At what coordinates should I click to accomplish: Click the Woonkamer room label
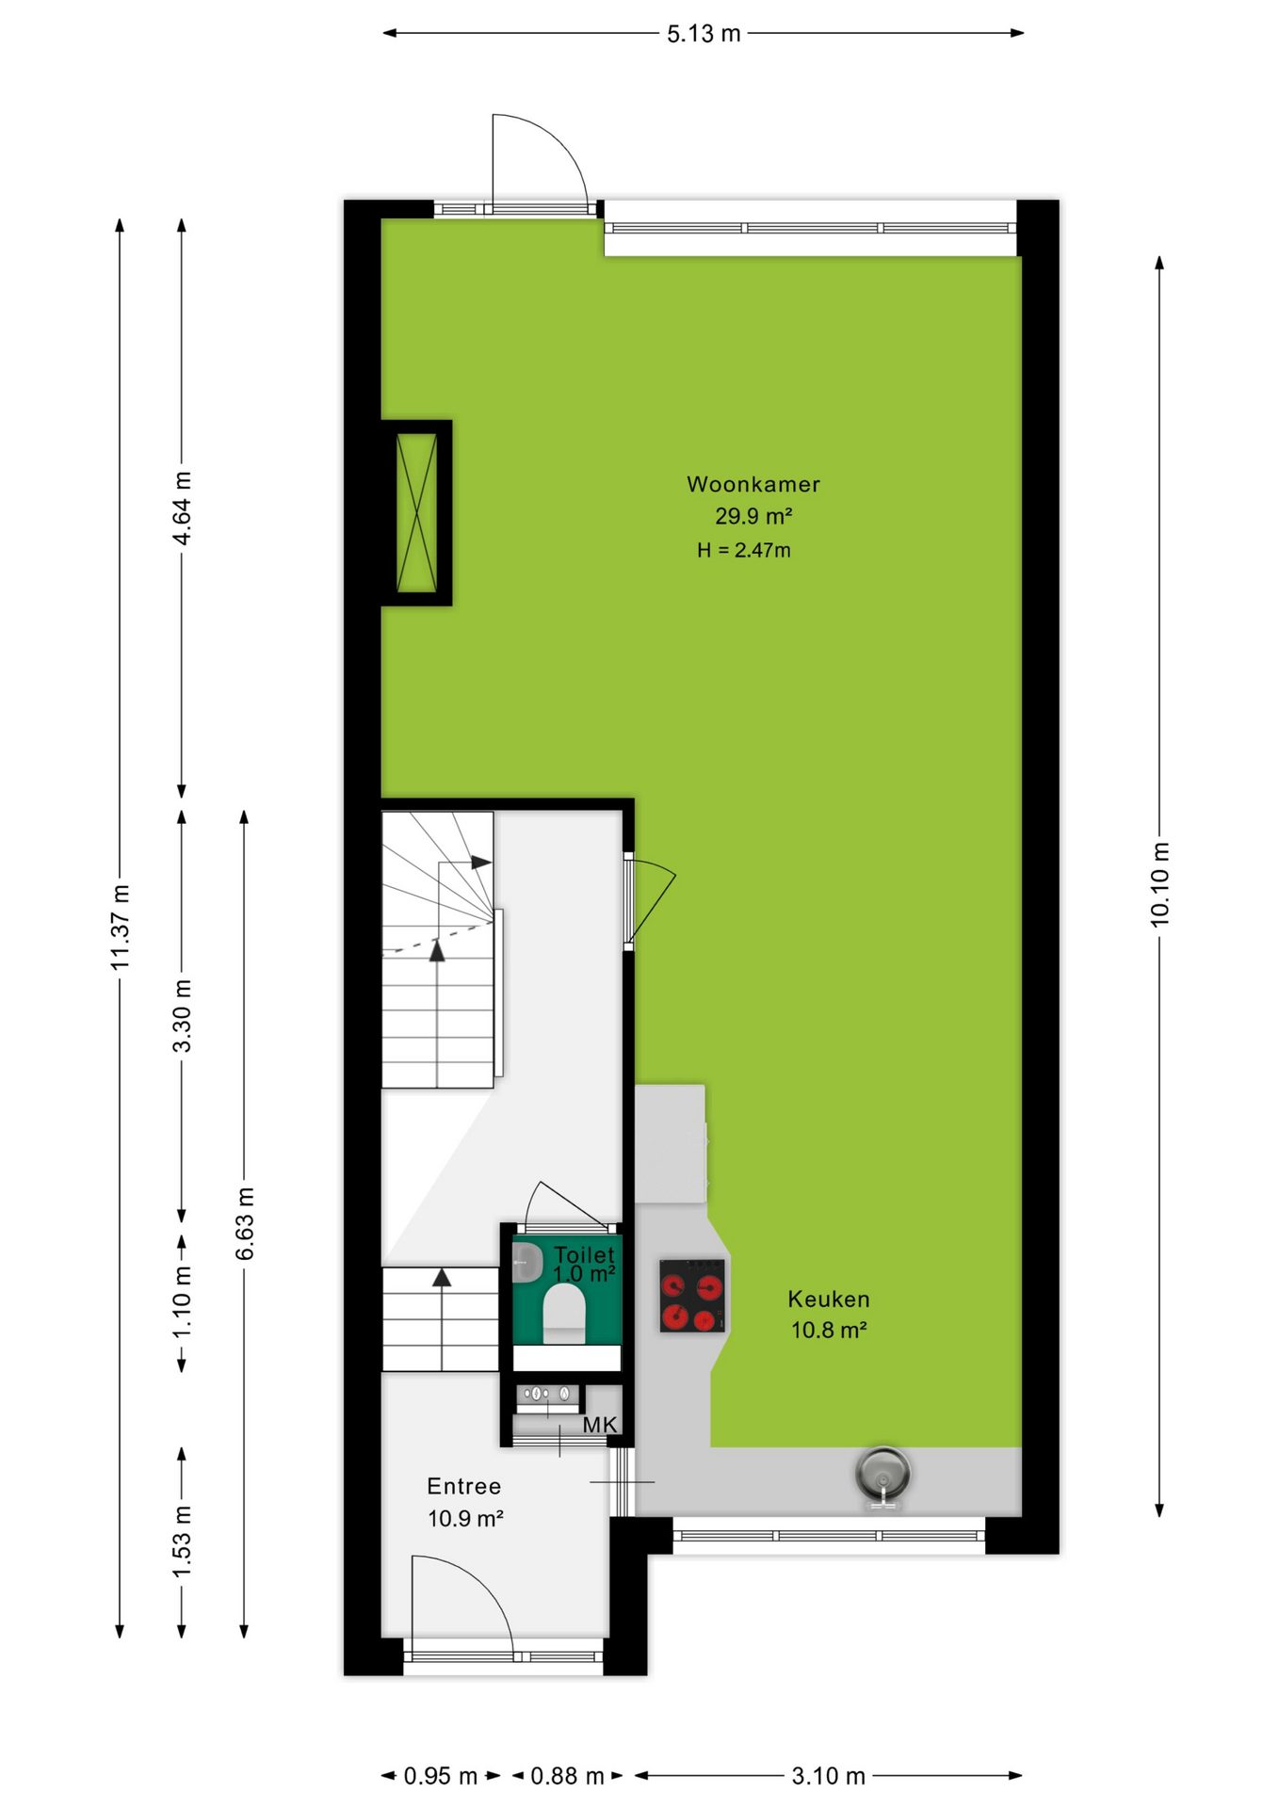[753, 484]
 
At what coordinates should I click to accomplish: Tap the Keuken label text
[829, 1299]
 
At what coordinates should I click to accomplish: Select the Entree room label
[463, 1486]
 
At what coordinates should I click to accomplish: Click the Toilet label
[584, 1254]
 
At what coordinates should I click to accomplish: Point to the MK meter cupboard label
[599, 1425]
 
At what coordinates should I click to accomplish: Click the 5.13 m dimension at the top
[704, 34]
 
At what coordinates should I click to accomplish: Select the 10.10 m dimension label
[1159, 885]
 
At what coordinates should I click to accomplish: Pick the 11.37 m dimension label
[120, 928]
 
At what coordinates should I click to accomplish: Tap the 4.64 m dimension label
[182, 508]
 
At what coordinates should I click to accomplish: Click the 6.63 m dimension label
[244, 1224]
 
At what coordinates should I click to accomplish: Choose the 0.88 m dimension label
[567, 1776]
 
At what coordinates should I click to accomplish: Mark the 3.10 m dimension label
[828, 1776]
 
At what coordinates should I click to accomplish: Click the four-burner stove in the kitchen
[692, 1296]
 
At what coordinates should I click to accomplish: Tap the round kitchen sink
[882, 1473]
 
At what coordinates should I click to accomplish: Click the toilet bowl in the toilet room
[564, 1313]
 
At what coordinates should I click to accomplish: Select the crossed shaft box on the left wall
[416, 512]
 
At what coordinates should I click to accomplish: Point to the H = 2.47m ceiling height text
[743, 550]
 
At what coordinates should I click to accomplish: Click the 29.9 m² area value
[753, 516]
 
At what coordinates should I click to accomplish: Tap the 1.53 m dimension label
[182, 1542]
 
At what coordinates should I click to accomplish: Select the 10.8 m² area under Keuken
[829, 1330]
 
